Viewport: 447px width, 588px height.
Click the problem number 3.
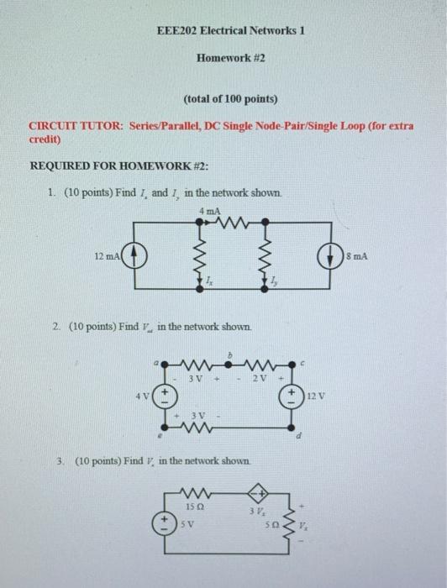pos(62,461)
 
